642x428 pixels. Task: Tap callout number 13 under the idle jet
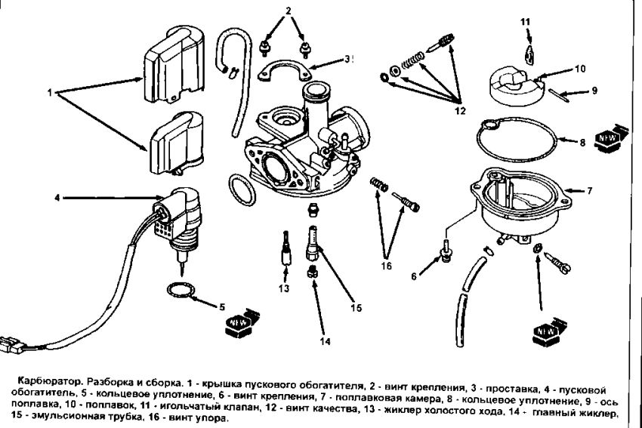[x=283, y=288]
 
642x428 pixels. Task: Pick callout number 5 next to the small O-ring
[x=222, y=306]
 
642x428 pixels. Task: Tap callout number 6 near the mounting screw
[x=414, y=276]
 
